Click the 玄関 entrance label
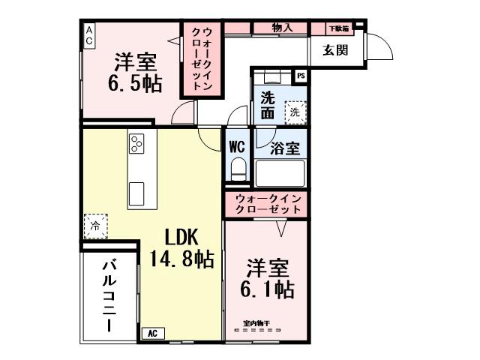(x=334, y=50)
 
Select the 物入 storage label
(x=282, y=28)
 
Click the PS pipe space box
(x=301, y=75)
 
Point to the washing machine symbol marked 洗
(x=295, y=111)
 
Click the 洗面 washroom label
(x=268, y=106)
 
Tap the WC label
(x=238, y=145)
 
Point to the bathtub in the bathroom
(x=280, y=172)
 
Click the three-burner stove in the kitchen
(x=137, y=143)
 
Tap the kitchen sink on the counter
(x=137, y=193)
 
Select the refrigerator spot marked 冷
(x=95, y=224)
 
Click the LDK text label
(x=177, y=238)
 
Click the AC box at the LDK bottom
(x=151, y=333)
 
